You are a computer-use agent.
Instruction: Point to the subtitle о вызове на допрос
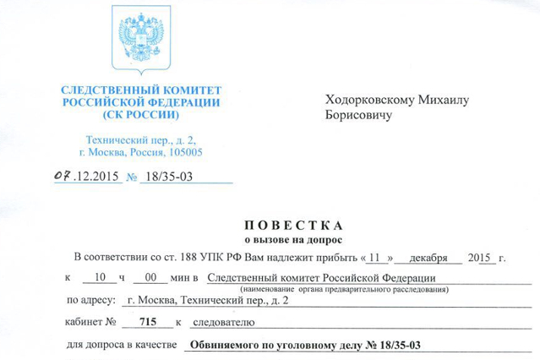[x=292, y=240]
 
